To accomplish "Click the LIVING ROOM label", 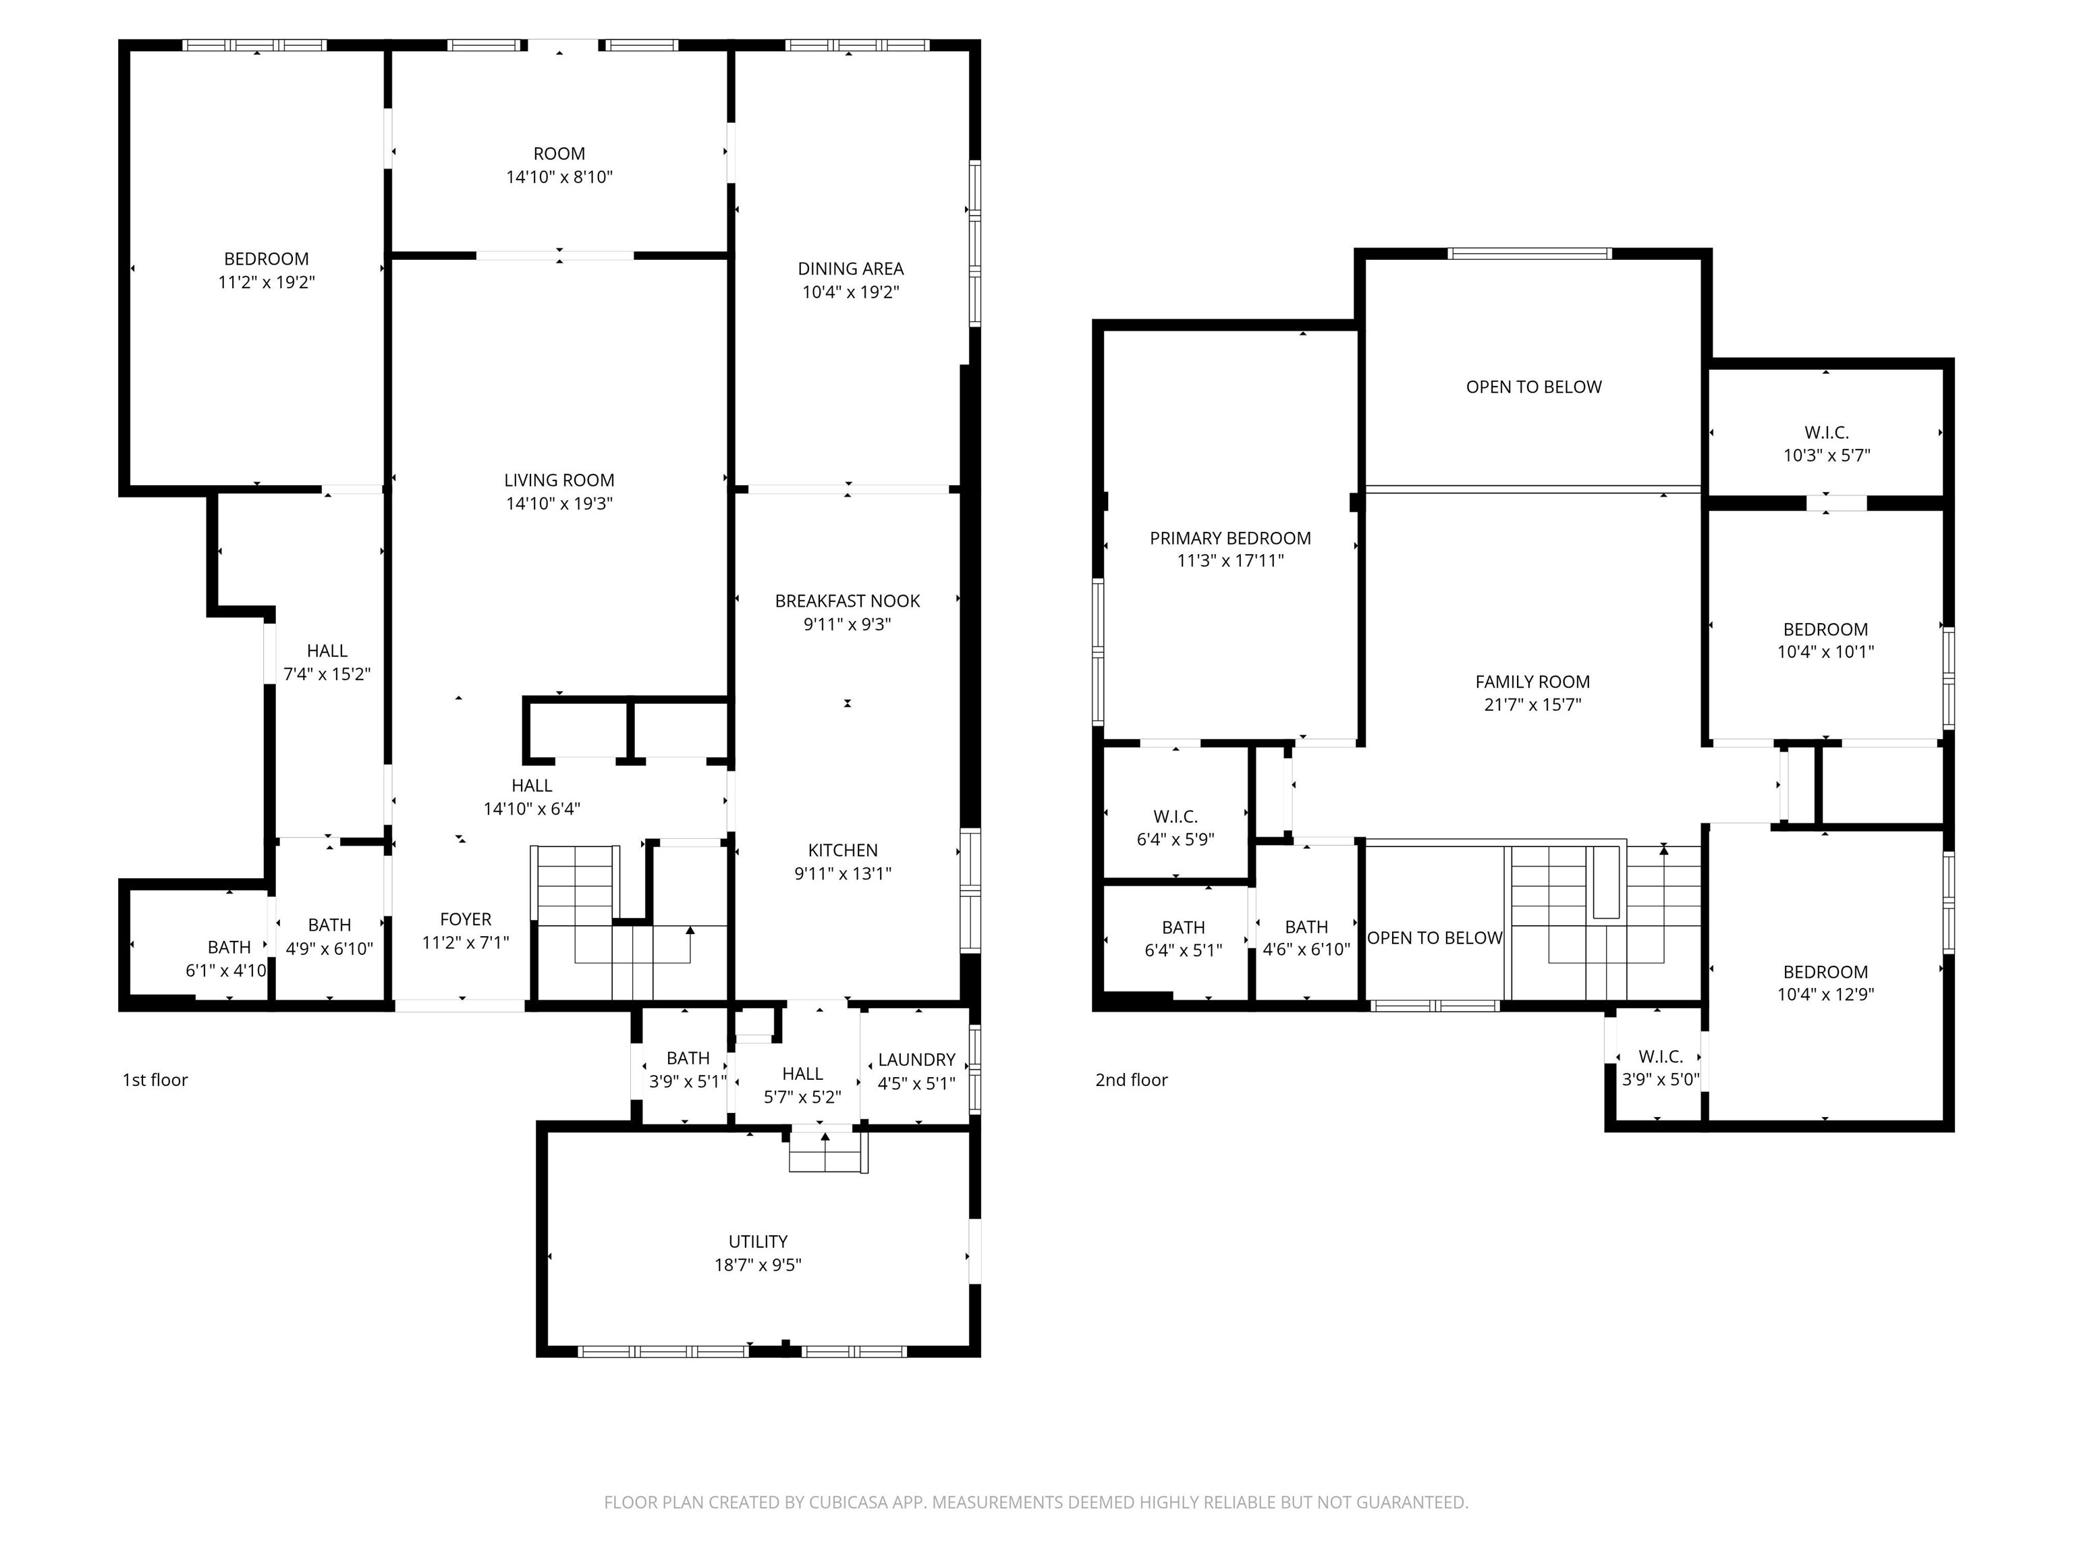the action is click(559, 481).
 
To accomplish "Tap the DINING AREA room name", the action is click(851, 269).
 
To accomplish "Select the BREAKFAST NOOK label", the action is click(847, 601).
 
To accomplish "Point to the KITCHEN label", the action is click(844, 850).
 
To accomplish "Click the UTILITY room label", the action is click(758, 1241).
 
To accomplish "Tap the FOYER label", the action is click(466, 919).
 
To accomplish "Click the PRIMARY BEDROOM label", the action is click(1230, 538).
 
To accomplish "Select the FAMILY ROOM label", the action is click(1533, 682).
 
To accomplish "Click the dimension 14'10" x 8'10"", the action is click(559, 177).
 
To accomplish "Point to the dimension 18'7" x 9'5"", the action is click(758, 1264).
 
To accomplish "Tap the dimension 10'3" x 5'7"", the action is click(1827, 456).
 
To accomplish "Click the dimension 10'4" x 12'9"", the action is click(1825, 995).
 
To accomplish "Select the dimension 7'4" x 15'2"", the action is click(327, 674).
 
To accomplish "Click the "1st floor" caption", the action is click(156, 1080).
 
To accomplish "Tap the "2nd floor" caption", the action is click(1132, 1080).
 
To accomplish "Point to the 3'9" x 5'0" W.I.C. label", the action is click(1661, 1068).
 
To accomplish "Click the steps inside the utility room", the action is click(825, 1152).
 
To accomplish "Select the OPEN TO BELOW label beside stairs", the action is click(1435, 938).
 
